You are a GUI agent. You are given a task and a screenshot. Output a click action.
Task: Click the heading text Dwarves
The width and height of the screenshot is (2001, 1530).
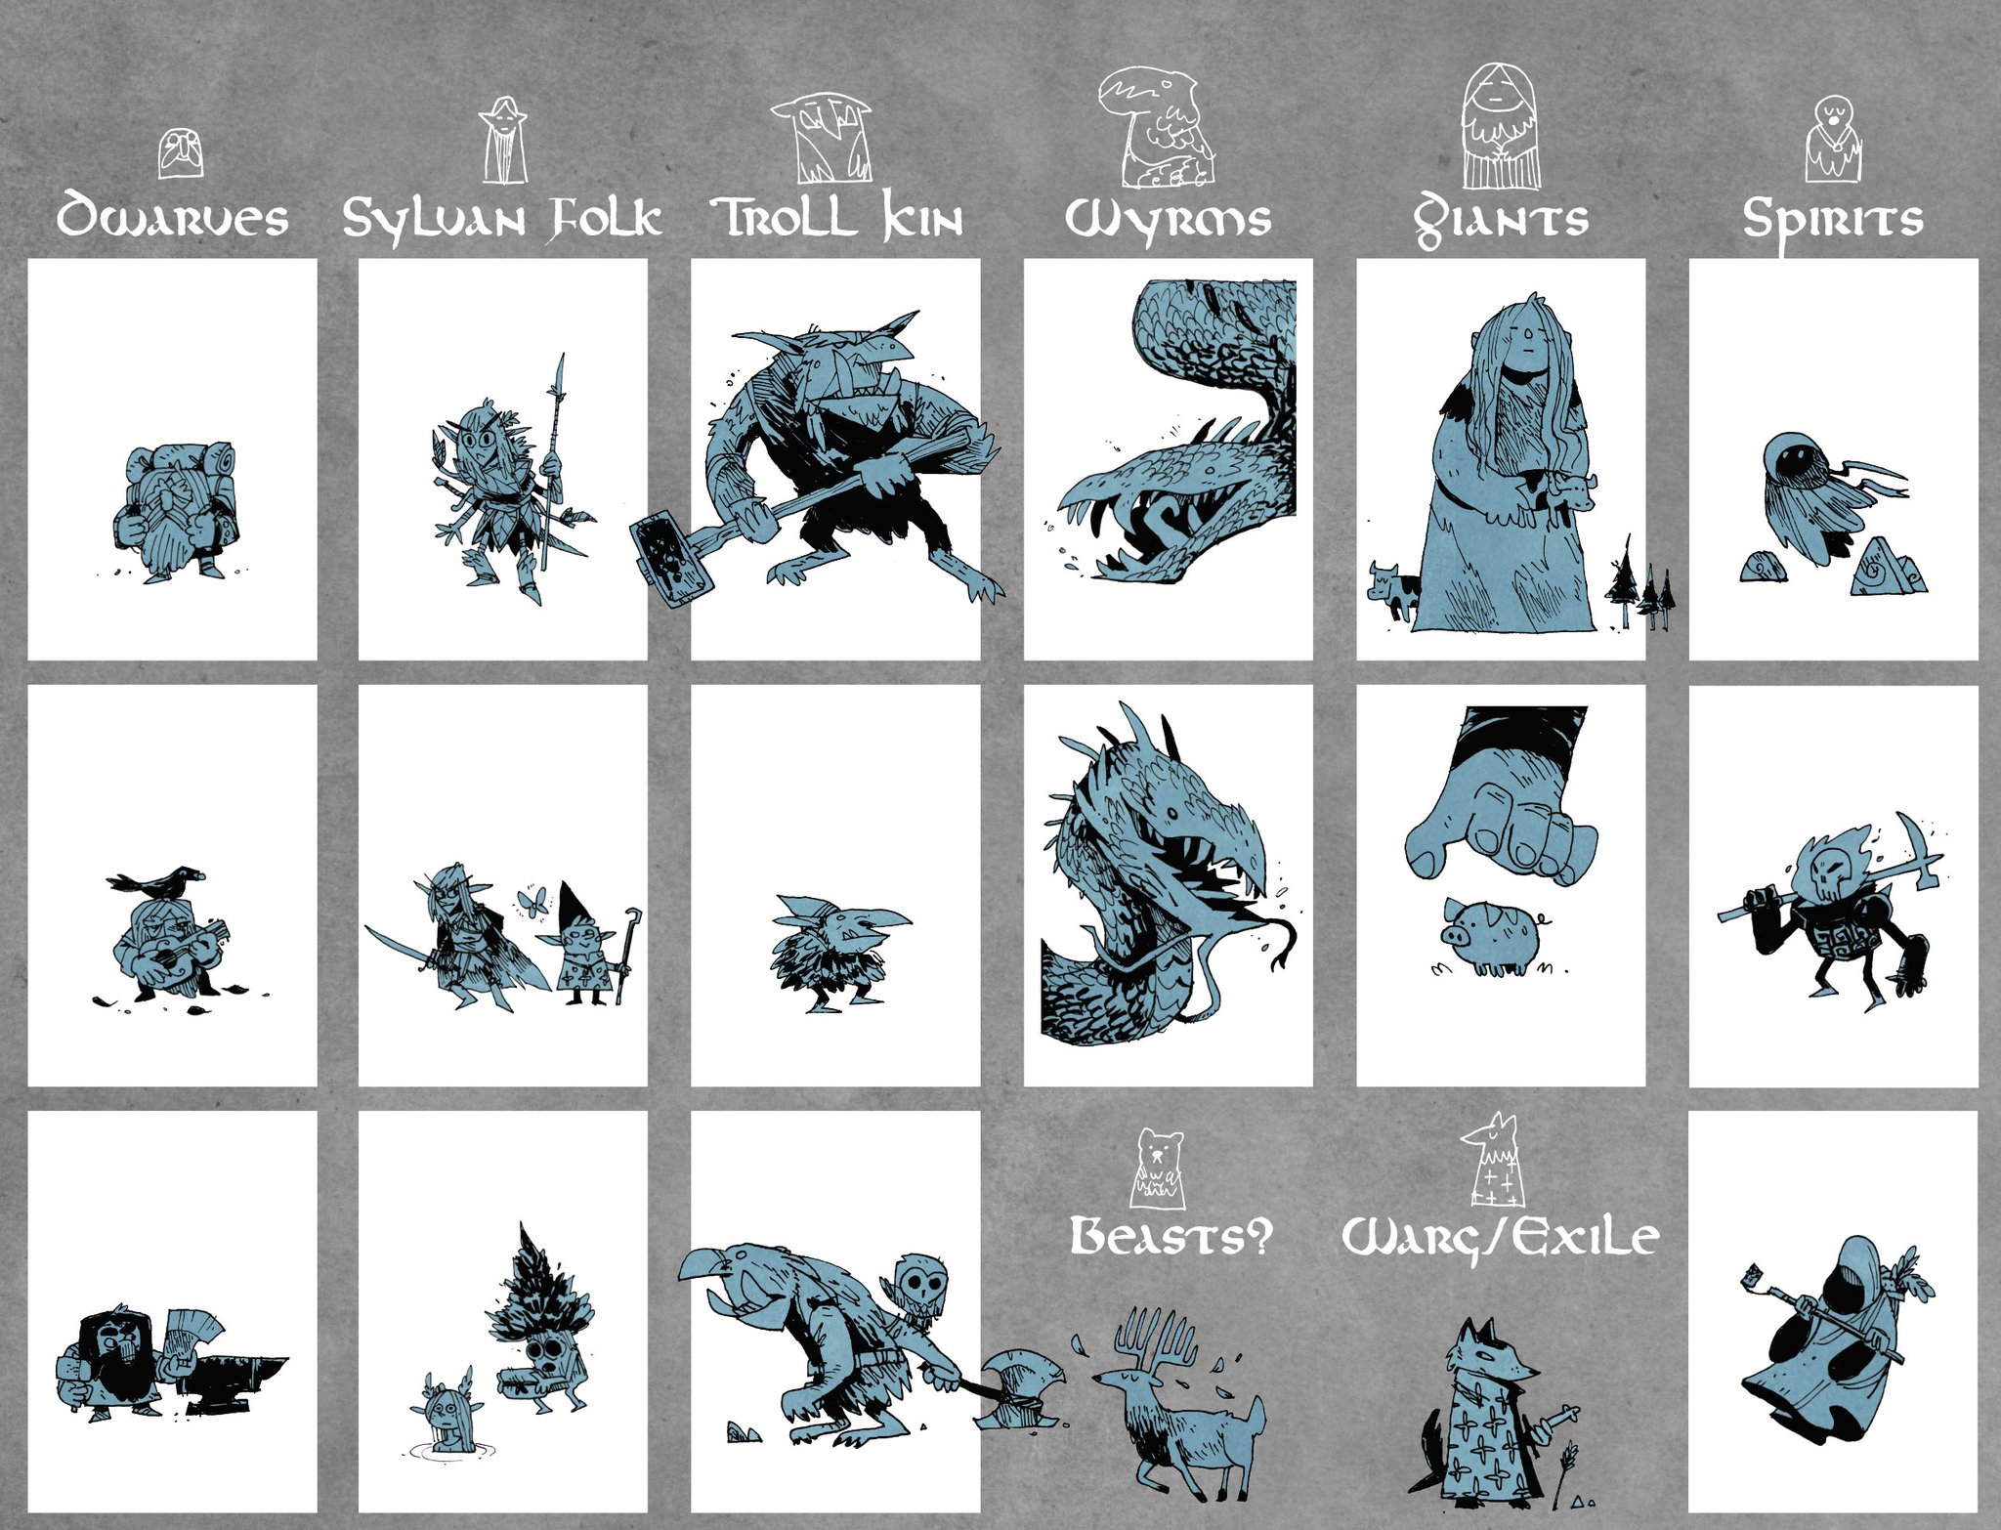coord(172,217)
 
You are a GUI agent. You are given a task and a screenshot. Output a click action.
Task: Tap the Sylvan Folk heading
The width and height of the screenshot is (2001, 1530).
coord(501,218)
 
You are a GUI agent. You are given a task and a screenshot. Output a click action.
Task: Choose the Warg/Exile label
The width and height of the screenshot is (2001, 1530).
coord(1500,1237)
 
